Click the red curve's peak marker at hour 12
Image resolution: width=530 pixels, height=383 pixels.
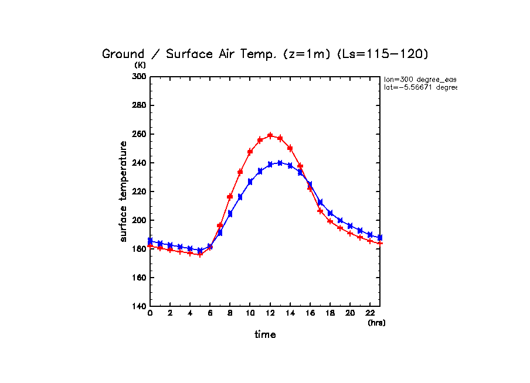(270, 135)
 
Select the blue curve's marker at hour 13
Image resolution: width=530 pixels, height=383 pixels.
(280, 163)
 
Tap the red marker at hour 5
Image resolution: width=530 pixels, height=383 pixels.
(200, 254)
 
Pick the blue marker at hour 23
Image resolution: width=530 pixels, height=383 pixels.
(380, 238)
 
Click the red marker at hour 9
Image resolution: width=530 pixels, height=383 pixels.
(240, 172)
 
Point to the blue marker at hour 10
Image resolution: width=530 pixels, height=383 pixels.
(250, 182)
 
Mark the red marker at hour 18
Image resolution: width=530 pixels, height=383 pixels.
(330, 221)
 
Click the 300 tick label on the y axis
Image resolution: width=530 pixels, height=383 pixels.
(138, 77)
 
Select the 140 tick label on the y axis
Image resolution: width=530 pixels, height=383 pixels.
(138, 306)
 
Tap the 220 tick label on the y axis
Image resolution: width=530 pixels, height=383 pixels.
(138, 191)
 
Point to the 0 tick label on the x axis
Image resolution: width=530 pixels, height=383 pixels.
(150, 314)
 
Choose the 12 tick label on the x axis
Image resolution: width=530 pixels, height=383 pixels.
(270, 314)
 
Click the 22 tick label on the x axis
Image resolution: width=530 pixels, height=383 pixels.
(370, 314)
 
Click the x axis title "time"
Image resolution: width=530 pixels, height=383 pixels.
(265, 335)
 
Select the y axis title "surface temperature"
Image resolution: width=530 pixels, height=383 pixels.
(124, 191)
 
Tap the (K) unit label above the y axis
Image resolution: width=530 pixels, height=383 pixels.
(140, 65)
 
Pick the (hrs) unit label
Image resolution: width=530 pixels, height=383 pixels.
(376, 323)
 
